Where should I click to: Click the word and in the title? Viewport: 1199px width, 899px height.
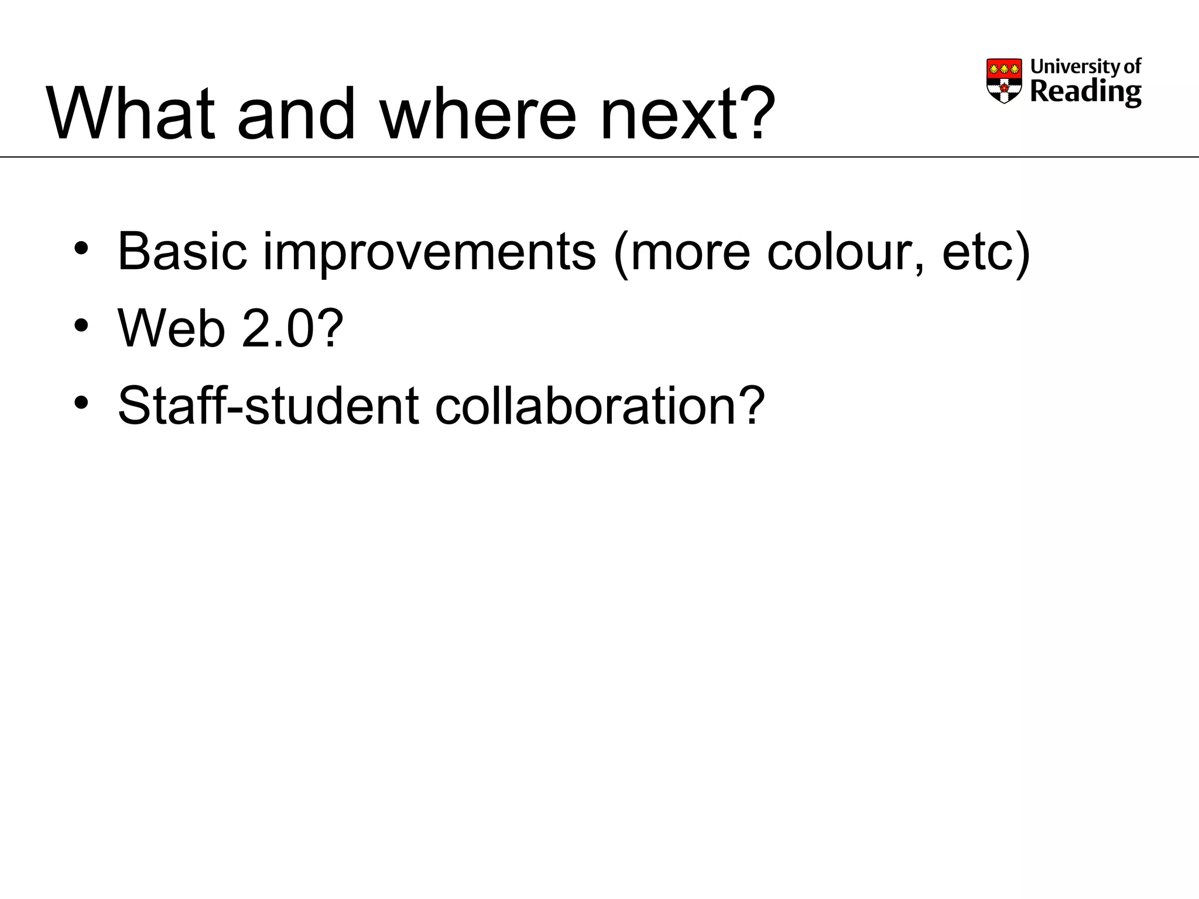[296, 114]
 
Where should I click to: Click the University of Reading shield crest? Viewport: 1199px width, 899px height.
[1004, 81]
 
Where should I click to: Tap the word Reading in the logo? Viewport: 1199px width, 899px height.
[1085, 92]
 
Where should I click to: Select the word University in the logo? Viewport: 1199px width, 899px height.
[1067, 66]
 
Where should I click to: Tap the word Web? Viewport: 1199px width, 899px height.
[171, 328]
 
